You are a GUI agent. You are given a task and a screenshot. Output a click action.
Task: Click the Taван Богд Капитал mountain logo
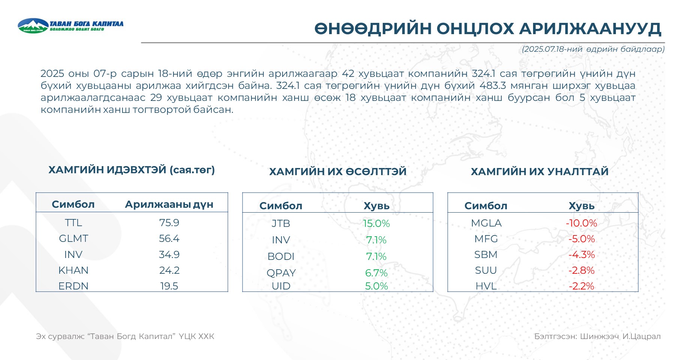coord(33,25)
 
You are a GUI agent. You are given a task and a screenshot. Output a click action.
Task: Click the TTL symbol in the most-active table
coord(73,223)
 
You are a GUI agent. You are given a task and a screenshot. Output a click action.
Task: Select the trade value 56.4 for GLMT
coord(169,238)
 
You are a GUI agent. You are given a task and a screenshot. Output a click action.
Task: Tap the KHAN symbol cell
coord(73,270)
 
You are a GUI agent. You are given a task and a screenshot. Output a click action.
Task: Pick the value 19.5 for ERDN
coord(169,286)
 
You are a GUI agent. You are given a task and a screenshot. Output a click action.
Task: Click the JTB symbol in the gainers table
coord(281,223)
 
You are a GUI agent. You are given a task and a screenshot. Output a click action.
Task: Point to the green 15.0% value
coord(376,223)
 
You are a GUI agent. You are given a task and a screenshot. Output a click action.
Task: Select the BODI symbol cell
coord(281,256)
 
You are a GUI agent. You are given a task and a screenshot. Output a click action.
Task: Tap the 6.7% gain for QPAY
coord(376,273)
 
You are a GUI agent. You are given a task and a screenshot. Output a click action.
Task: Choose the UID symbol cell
coord(281,286)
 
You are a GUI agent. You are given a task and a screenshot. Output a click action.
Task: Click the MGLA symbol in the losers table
coord(486,223)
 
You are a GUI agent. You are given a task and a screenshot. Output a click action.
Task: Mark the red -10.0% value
coord(581,223)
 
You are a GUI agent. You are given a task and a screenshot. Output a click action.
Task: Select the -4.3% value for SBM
coord(581,255)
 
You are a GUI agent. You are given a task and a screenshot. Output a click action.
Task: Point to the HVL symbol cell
coord(486,286)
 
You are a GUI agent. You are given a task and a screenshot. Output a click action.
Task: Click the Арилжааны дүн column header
coord(169,204)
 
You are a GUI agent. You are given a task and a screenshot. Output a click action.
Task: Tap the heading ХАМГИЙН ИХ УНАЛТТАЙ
coord(539,171)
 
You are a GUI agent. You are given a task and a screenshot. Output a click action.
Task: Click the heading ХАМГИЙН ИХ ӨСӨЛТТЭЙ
coord(338,171)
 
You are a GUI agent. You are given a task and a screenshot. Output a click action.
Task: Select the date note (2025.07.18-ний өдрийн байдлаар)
coord(593,49)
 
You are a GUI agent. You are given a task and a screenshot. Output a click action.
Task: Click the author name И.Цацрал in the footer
coord(641,336)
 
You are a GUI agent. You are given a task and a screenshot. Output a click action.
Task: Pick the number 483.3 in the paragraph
coord(493,85)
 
